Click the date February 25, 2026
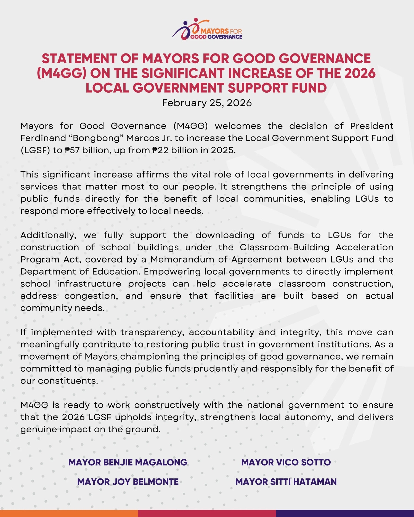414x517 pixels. [207, 103]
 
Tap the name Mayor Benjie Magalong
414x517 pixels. [128, 462]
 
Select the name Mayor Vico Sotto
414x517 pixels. [286, 462]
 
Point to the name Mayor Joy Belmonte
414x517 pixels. [128, 482]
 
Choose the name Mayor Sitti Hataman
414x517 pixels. [286, 482]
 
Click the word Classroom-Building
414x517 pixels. [284, 247]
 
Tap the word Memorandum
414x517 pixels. [182, 259]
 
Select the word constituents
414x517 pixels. [68, 381]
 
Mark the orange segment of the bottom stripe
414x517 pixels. [69, 513]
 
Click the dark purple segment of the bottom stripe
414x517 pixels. [345, 513]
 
